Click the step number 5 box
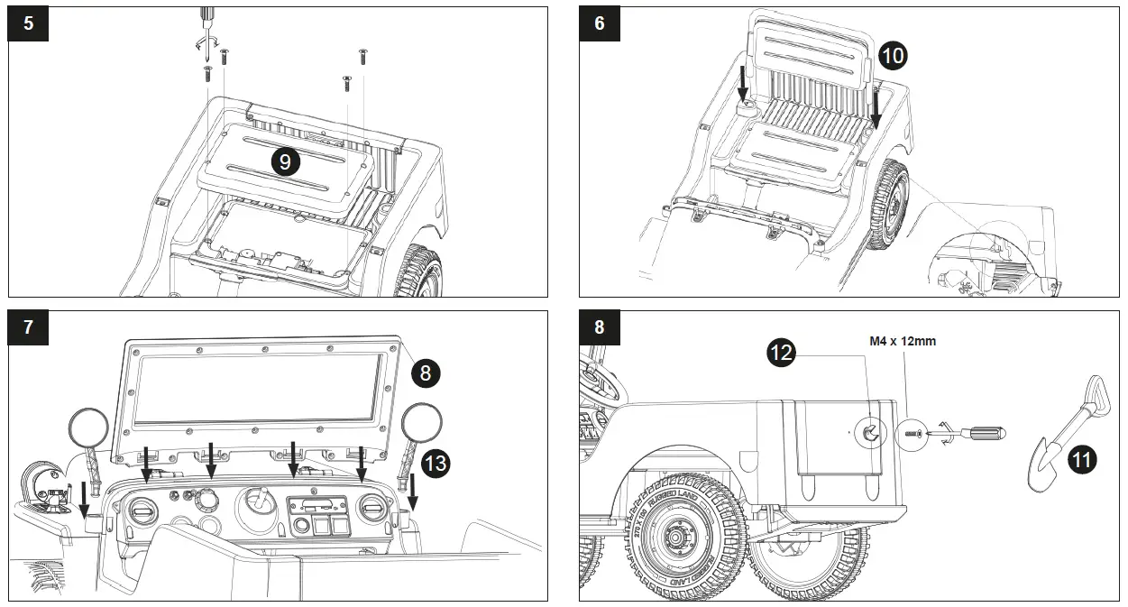tap(29, 24)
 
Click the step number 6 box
tap(600, 24)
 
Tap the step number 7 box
tap(29, 327)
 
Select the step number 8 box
tap(600, 327)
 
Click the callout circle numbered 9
tap(285, 162)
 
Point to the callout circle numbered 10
tap(893, 56)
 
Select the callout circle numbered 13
tap(436, 464)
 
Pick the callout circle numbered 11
tap(1082, 460)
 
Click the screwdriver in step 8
tap(979, 433)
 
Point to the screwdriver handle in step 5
tap(206, 14)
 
